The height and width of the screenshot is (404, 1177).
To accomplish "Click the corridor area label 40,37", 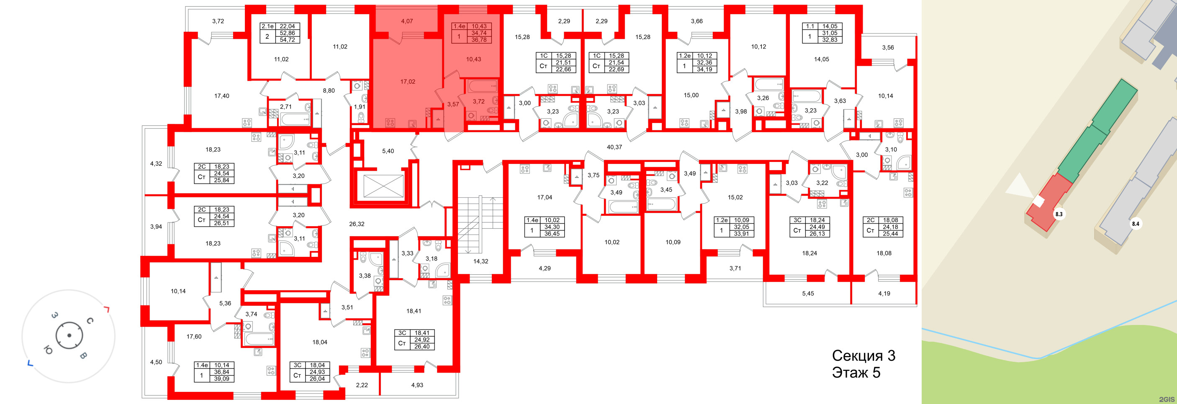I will tap(614, 147).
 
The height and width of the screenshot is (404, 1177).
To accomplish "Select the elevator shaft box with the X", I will tap(383, 186).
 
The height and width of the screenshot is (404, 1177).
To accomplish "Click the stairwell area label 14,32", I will tap(481, 261).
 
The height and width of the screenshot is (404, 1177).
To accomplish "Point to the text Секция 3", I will tap(863, 355).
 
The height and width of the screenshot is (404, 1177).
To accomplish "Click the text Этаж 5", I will tap(856, 373).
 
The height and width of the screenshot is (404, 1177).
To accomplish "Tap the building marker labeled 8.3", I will tap(1059, 214).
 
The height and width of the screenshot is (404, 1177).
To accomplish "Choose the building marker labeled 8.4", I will tap(1136, 224).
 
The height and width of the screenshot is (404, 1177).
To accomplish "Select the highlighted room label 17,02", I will tap(408, 82).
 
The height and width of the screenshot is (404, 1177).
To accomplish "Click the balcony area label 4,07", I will tap(407, 21).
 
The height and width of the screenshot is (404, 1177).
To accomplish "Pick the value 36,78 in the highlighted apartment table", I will tap(479, 40).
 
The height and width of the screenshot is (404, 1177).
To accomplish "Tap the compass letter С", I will tap(90, 321).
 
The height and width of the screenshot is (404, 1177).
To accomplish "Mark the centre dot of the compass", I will tap(69, 335).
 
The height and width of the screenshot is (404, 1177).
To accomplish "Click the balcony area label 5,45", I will tap(808, 294).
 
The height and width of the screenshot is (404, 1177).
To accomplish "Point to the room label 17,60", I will tap(194, 336).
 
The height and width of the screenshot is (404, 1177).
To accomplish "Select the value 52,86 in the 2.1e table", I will tap(287, 33).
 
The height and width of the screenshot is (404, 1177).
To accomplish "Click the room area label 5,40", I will tap(388, 151).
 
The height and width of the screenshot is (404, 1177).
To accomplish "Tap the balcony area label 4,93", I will tap(417, 385).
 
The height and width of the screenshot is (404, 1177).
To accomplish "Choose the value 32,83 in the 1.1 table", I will tap(830, 40).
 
